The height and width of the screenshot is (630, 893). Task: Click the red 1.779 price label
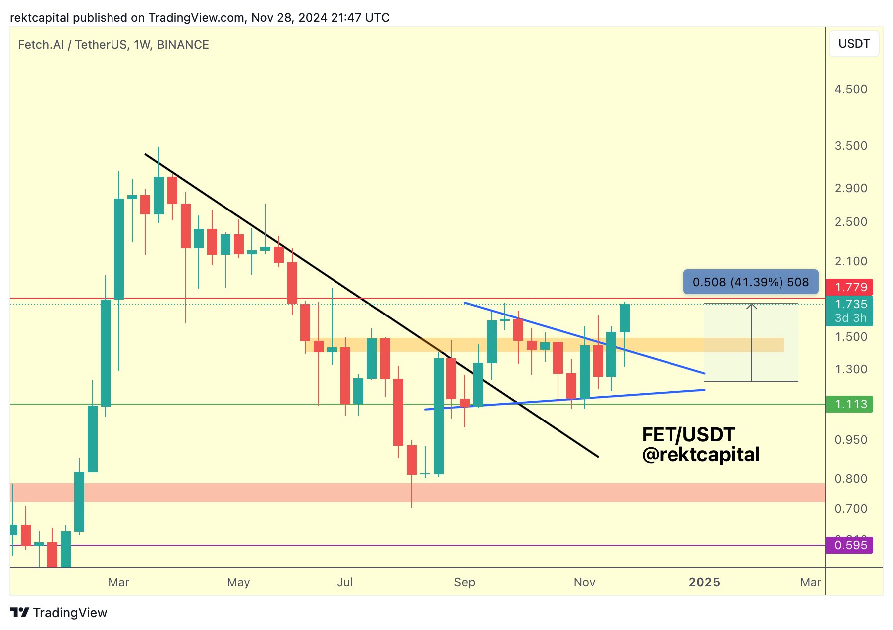(851, 287)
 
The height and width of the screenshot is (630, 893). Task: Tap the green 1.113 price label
(851, 404)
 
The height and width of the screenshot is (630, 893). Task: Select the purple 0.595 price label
(851, 545)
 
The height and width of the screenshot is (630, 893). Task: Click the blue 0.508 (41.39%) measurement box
(751, 282)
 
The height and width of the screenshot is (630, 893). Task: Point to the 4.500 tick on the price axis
(851, 89)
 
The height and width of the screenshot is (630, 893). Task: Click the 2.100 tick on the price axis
(851, 261)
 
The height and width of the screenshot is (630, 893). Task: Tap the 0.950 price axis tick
(851, 440)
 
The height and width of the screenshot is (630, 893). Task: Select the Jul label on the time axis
(345, 582)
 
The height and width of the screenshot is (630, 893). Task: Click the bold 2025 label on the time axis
(704, 582)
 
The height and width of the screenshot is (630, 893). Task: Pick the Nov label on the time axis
(584, 582)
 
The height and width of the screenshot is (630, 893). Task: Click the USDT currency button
(854, 44)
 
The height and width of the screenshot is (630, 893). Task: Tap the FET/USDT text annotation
(688, 435)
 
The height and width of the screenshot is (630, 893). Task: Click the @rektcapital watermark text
(700, 455)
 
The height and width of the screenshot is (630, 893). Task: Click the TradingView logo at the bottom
(59, 613)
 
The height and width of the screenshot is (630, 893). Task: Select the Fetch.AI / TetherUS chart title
(113, 45)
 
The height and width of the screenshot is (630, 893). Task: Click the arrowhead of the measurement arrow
(752, 306)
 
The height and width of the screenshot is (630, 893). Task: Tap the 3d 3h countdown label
(851, 318)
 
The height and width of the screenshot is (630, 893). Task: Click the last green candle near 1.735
(625, 318)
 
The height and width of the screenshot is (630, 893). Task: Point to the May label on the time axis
(238, 582)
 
